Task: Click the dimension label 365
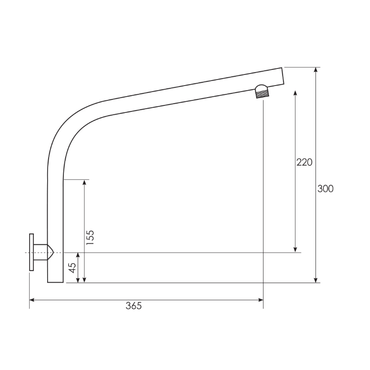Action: tap(133, 306)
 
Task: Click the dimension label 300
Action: tap(325, 189)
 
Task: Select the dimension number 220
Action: tap(304, 162)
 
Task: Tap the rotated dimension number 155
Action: tap(91, 237)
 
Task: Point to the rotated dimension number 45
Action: tap(72, 268)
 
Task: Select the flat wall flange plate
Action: tap(31, 252)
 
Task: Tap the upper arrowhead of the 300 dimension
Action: tap(316, 70)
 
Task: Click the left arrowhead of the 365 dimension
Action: tap(32, 300)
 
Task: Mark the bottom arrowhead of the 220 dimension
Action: tap(296, 250)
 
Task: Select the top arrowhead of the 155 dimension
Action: tap(84, 182)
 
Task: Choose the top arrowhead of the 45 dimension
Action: tap(78, 255)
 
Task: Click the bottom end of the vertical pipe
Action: tap(55, 280)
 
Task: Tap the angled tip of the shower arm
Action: tap(282, 76)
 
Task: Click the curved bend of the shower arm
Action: tap(69, 123)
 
